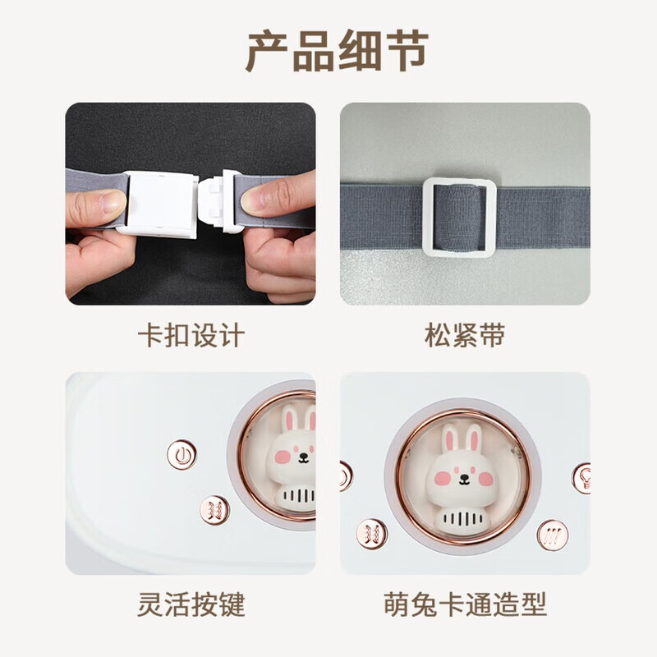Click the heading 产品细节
[337, 51]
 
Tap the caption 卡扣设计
[191, 335]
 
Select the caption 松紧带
[465, 335]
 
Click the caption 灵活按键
[191, 604]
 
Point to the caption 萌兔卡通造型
[465, 604]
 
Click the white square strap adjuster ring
[427, 217]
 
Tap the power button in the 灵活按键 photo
[181, 455]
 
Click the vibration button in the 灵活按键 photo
[214, 510]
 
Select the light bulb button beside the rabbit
[583, 478]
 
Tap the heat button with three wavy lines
[553, 535]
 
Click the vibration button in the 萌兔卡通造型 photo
[372, 534]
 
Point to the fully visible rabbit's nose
[463, 476]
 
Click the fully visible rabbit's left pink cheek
[442, 479]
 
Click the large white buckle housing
[161, 204]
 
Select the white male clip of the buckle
[218, 200]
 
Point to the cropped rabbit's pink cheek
[283, 457]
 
